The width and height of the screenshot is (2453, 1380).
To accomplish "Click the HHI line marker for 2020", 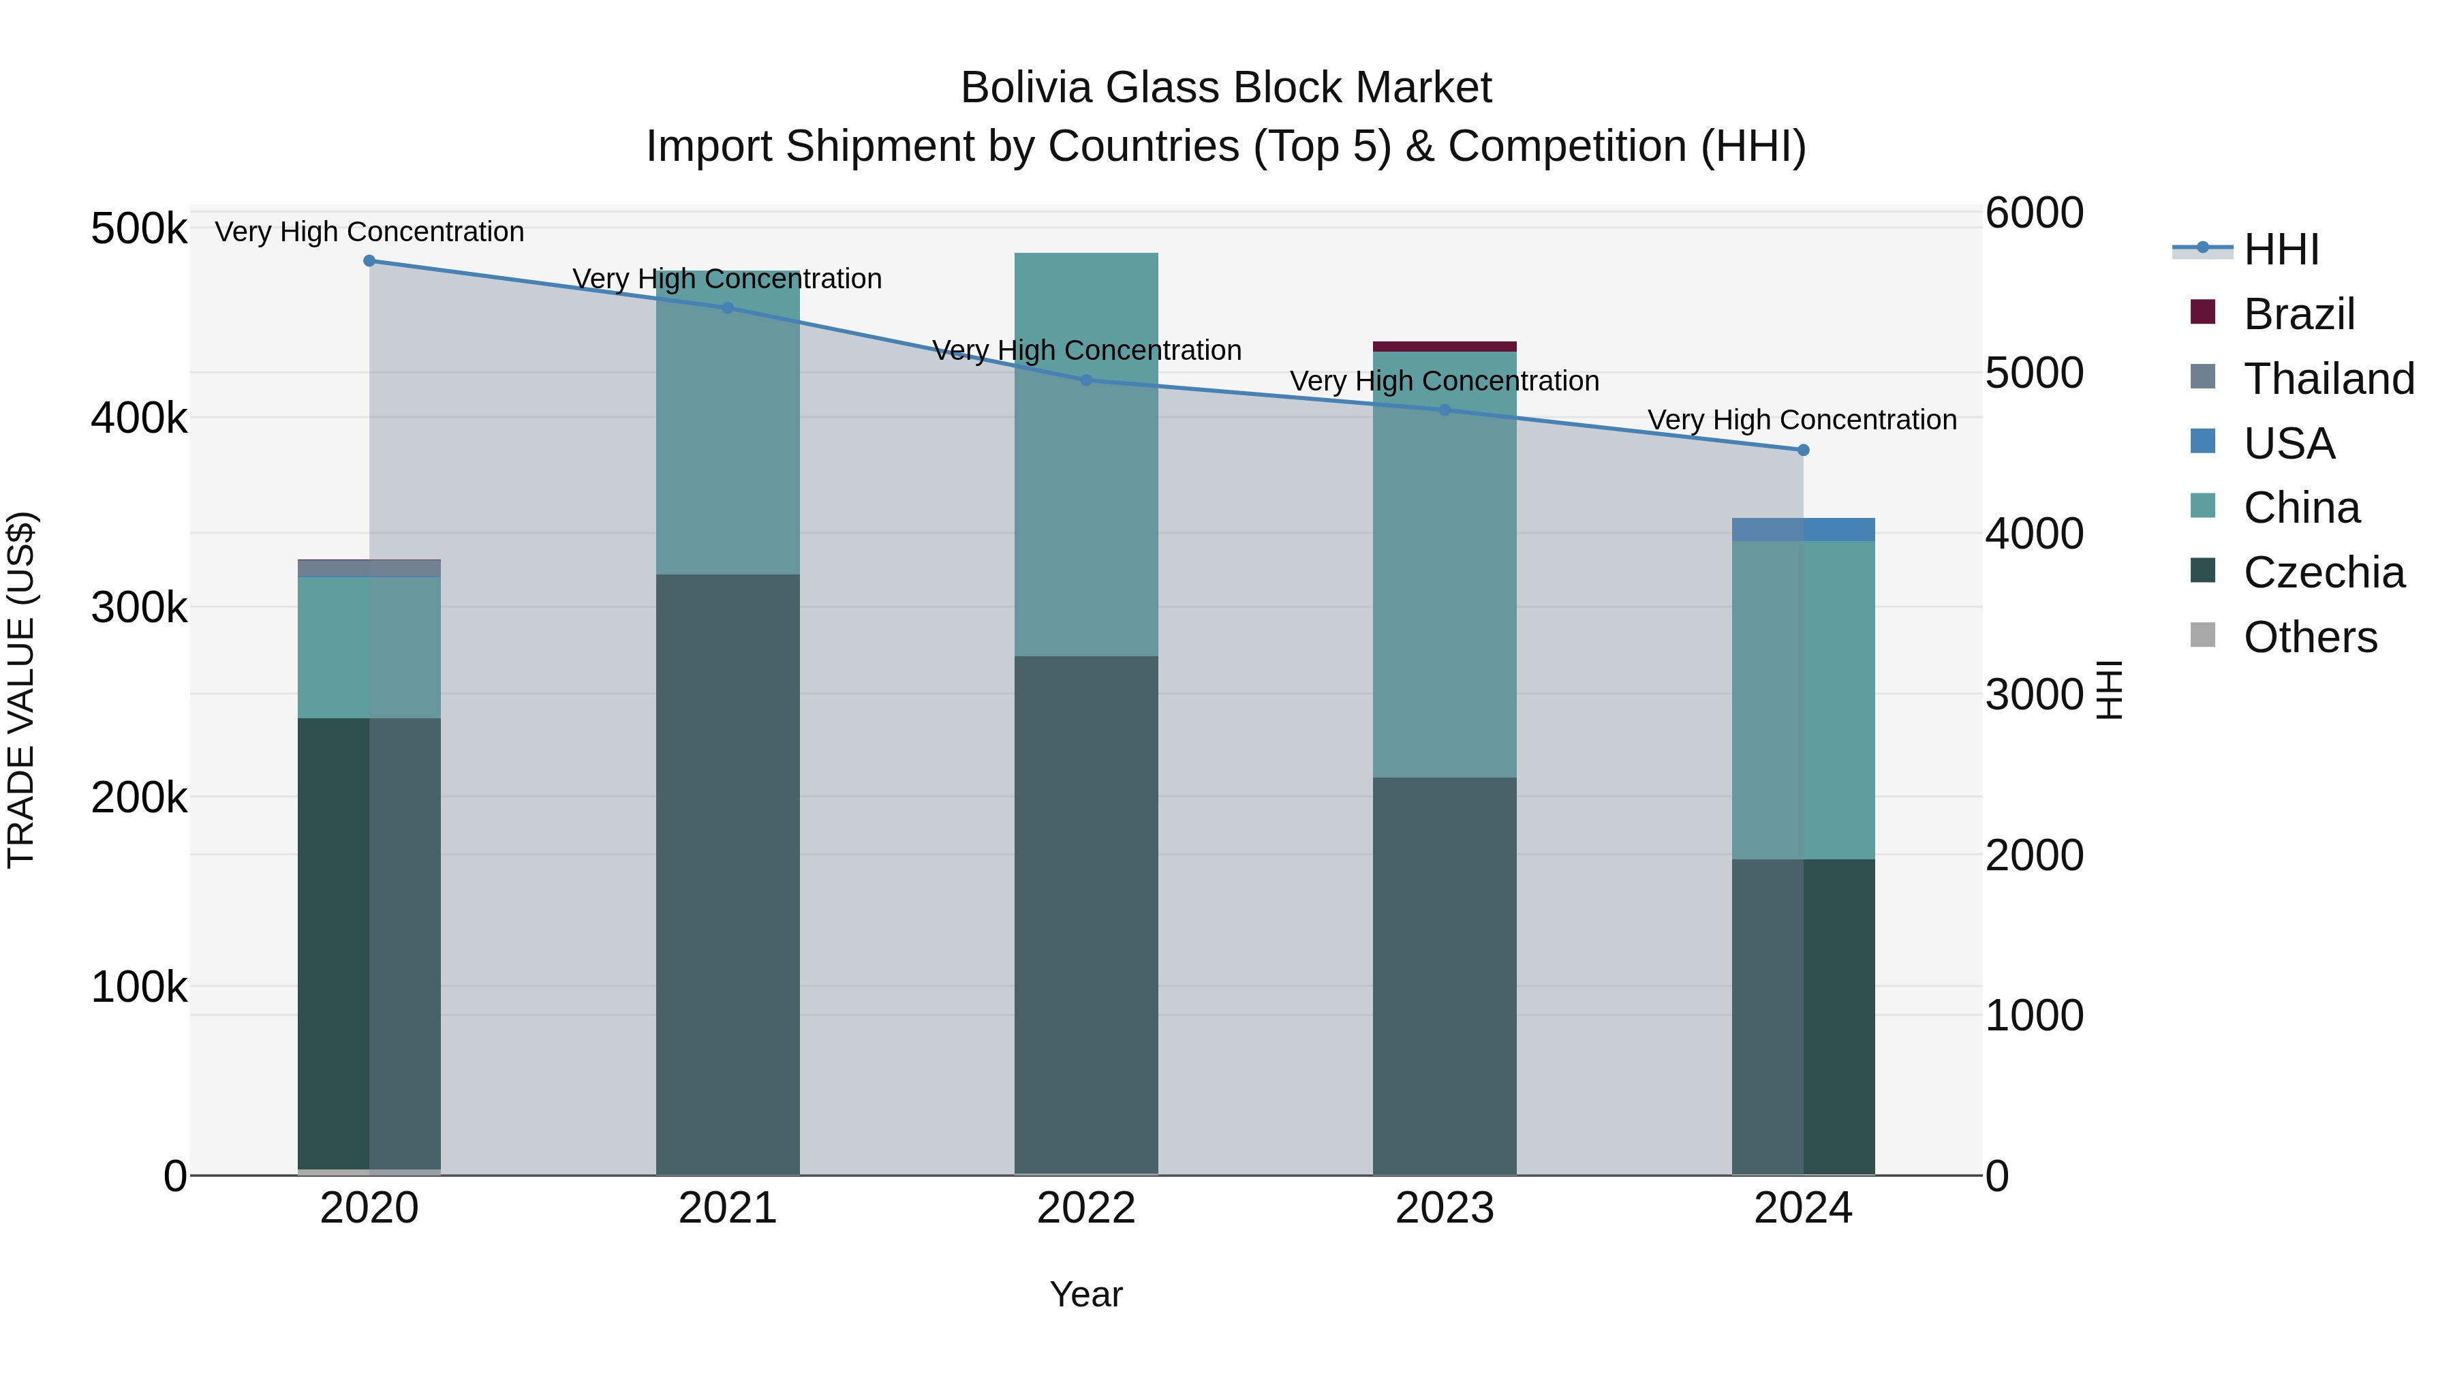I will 369,260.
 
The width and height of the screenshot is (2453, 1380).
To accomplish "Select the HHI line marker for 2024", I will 1802,450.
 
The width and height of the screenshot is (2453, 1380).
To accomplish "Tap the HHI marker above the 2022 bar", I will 1087,380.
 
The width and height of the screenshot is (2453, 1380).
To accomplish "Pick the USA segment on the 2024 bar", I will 1802,530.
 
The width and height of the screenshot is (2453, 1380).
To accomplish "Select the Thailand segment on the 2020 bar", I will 369,568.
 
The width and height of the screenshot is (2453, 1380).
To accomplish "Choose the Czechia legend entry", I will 2323,572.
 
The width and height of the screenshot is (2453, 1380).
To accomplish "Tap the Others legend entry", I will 2309,637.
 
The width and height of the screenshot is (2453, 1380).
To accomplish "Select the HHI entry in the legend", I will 2281,249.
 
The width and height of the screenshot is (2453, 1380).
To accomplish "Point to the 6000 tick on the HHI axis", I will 2034,213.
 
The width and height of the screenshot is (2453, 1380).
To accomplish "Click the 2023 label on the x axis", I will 1445,1208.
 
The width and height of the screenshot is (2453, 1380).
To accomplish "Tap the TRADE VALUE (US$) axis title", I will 21,690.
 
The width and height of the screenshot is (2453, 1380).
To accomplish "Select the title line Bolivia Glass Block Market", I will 1226,88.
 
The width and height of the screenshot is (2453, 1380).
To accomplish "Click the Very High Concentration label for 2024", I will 1802,419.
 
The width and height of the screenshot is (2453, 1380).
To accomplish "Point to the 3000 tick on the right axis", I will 2034,694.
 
